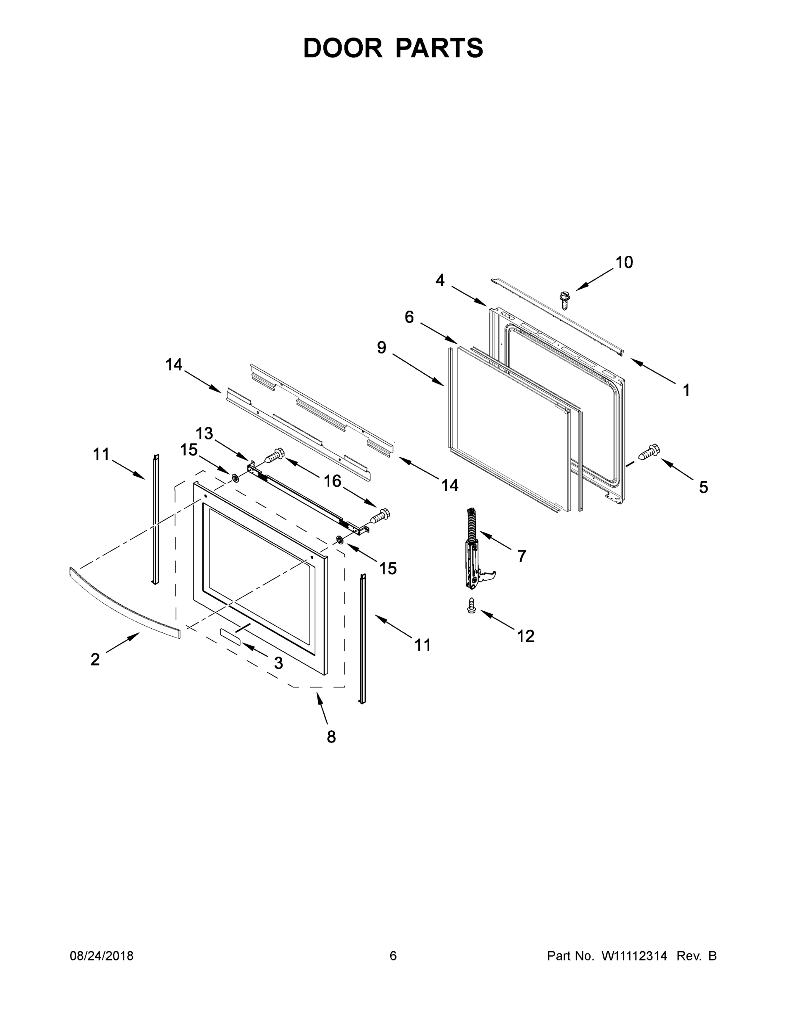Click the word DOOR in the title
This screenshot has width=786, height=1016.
click(x=342, y=48)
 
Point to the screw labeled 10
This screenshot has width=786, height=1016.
click(x=565, y=300)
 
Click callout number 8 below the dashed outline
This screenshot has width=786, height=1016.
click(x=331, y=737)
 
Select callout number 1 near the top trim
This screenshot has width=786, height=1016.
click(x=686, y=390)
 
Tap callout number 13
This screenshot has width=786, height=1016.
click(x=204, y=433)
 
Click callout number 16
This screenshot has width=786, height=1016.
click(x=333, y=481)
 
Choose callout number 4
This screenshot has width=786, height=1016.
click(x=440, y=280)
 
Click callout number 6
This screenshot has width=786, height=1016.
click(x=409, y=317)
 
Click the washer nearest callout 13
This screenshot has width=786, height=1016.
click(x=235, y=478)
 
